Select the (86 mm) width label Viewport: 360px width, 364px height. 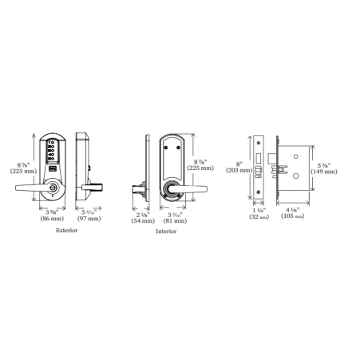point(53,217)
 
